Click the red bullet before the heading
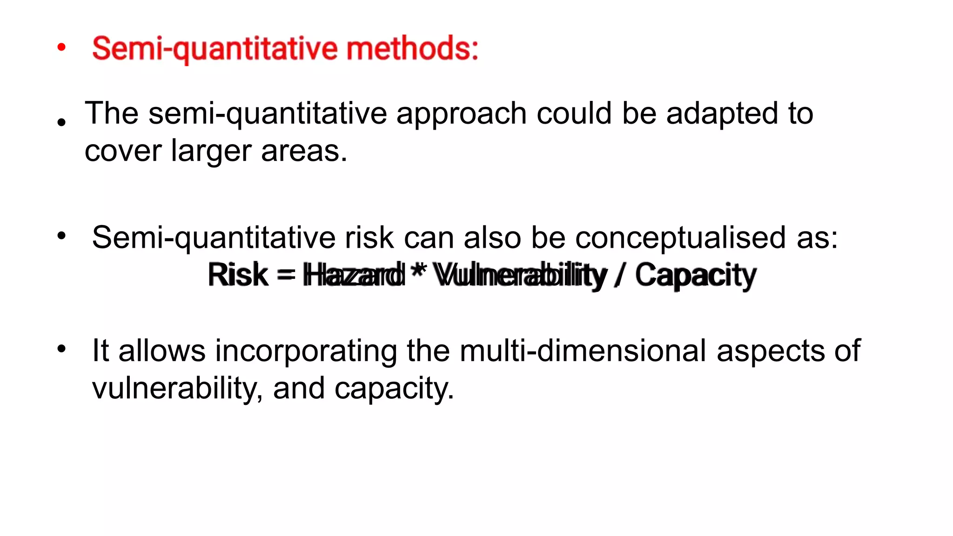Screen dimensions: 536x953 pyautogui.click(x=61, y=47)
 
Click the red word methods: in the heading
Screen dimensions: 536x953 pyautogui.click(x=412, y=48)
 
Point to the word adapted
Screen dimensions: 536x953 pyautogui.click(x=722, y=114)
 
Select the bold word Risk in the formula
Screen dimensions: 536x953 pyautogui.click(x=238, y=275)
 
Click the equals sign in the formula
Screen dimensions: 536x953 pyautogui.click(x=286, y=274)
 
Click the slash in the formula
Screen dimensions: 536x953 pyautogui.click(x=620, y=275)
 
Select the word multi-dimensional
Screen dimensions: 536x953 pyautogui.click(x=583, y=351)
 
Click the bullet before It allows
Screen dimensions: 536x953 pyautogui.click(x=61, y=349)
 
